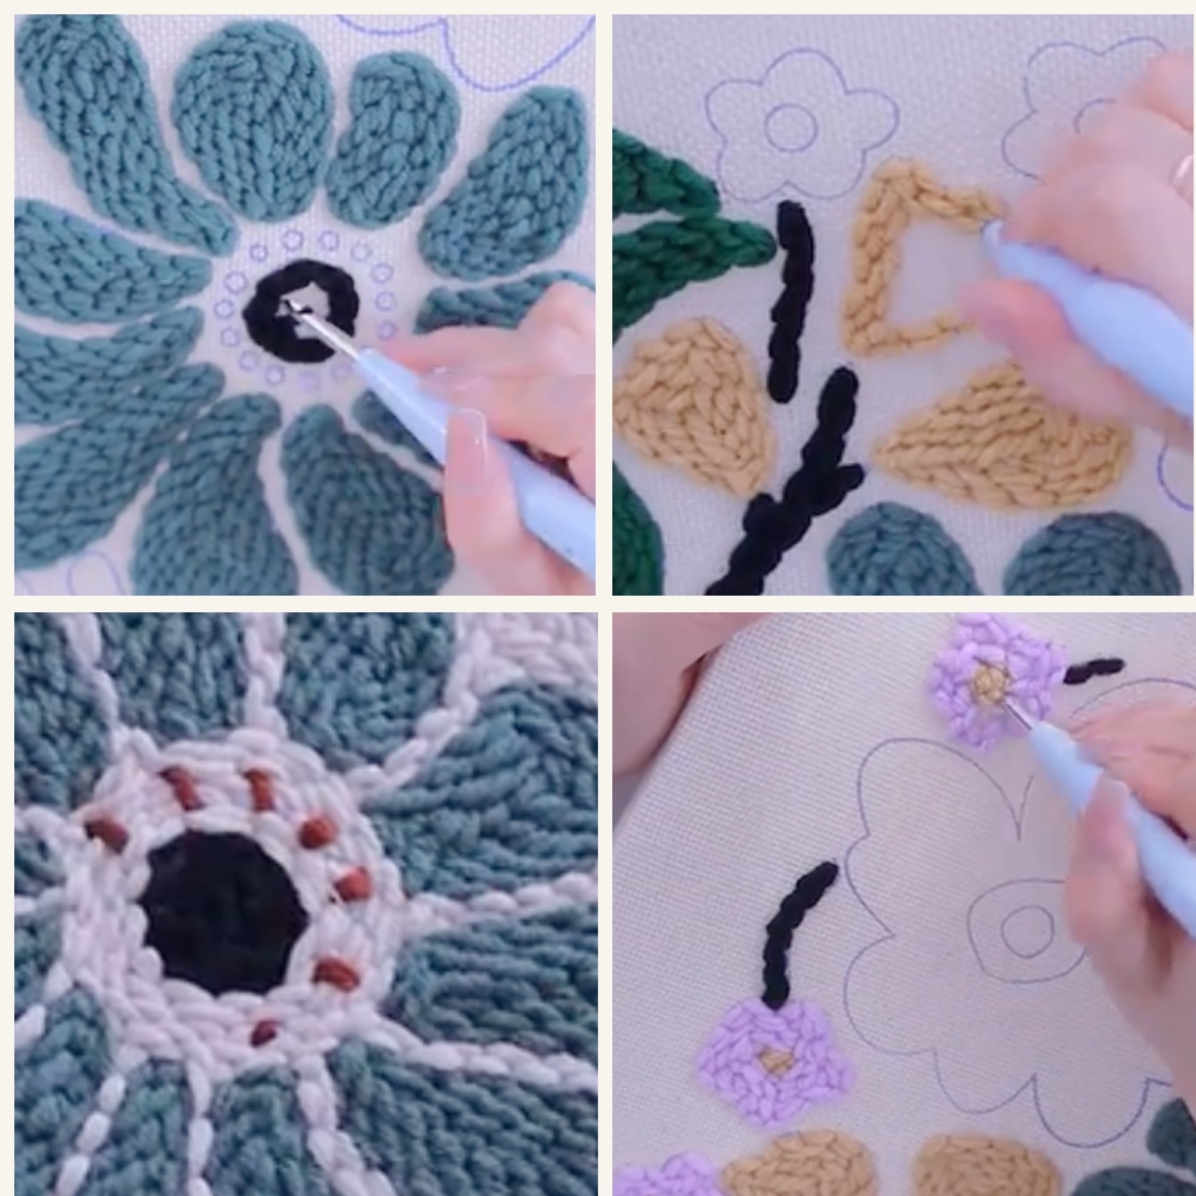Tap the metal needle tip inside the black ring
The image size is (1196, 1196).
(288, 304)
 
